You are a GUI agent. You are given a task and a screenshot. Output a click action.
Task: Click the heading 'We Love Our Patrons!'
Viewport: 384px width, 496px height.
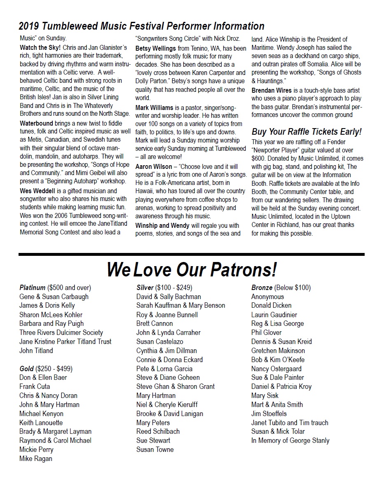point(192,270)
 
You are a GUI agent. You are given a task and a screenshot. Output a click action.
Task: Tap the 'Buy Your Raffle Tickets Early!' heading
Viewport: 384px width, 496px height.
point(307,132)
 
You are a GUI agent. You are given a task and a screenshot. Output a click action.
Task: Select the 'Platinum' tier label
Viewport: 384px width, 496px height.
point(33,288)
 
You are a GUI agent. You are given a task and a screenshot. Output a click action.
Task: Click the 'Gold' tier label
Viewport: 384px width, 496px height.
point(27,368)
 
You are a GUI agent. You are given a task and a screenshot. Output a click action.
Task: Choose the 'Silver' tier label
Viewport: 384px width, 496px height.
point(145,288)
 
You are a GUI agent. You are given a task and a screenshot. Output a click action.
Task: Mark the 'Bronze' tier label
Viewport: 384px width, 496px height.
point(262,288)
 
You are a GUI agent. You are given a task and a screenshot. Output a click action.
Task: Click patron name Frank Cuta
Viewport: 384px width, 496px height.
point(35,386)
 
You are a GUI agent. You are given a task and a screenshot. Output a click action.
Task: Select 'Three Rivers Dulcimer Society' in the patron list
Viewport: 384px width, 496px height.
point(61,332)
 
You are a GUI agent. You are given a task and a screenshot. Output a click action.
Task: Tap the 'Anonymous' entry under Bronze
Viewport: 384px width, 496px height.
point(267,297)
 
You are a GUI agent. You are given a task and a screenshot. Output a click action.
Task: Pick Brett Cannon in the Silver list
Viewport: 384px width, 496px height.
point(155,323)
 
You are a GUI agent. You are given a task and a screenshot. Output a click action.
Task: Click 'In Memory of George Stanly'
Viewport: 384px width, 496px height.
point(290,440)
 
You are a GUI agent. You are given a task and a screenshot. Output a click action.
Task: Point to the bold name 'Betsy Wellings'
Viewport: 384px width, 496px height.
point(156,48)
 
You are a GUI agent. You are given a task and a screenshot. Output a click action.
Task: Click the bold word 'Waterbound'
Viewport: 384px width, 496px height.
point(36,123)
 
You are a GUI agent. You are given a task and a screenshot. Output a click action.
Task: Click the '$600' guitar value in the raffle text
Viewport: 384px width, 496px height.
point(258,158)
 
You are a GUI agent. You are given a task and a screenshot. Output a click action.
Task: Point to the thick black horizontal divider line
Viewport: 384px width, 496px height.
point(192,254)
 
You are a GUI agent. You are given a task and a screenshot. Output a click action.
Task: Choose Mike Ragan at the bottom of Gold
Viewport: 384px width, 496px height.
point(36,459)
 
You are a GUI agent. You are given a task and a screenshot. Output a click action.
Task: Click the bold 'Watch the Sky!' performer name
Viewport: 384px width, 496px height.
point(40,48)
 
